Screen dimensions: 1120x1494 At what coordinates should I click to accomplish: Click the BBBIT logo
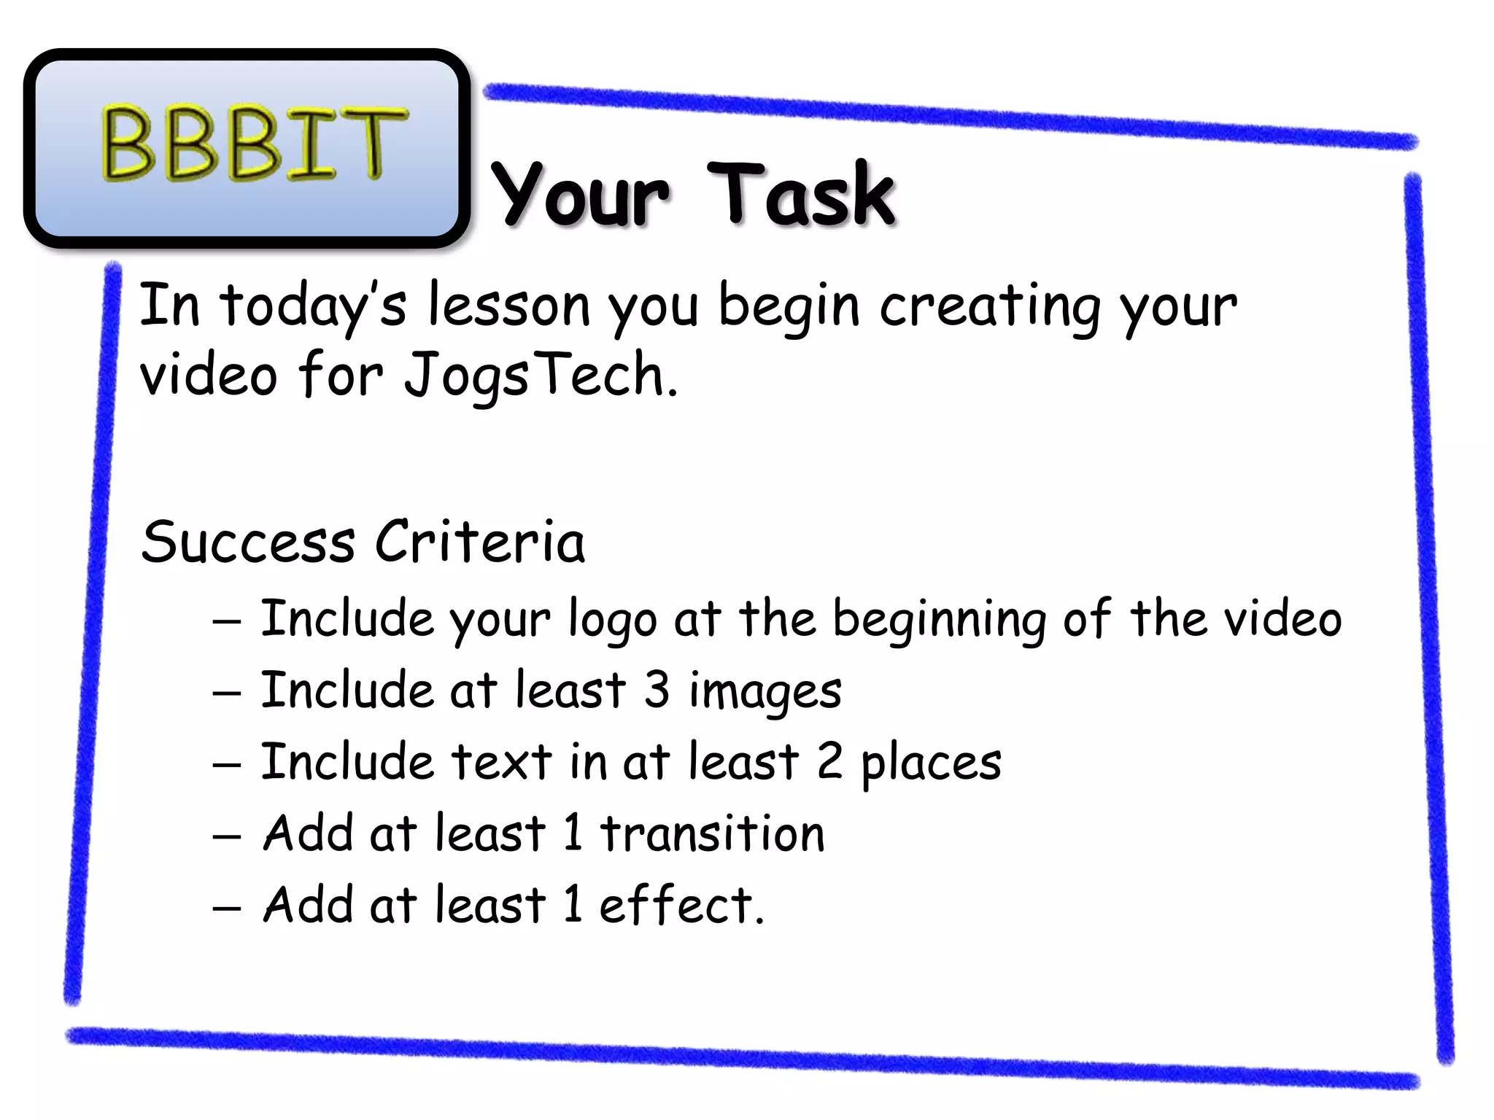(247, 146)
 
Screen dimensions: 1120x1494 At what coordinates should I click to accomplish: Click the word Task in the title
(801, 194)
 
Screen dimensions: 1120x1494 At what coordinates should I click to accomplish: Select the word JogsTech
(541, 375)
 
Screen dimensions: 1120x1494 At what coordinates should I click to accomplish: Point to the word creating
(990, 306)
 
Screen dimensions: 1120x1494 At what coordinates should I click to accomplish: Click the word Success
(248, 542)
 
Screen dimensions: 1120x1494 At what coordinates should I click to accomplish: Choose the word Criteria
(480, 542)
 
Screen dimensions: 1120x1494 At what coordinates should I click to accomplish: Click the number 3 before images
(657, 690)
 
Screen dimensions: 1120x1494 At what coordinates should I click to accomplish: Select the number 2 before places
(829, 761)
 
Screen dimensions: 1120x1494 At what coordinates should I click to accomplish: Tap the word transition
(712, 833)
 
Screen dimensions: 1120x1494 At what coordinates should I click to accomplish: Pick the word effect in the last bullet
(676, 905)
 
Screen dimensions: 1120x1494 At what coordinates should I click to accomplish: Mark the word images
(765, 692)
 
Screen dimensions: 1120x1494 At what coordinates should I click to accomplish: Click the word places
(931, 763)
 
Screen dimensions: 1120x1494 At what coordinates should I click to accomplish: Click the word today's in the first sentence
(313, 306)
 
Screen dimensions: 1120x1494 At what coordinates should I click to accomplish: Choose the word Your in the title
(580, 195)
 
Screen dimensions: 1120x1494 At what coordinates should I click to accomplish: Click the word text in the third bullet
(501, 762)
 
